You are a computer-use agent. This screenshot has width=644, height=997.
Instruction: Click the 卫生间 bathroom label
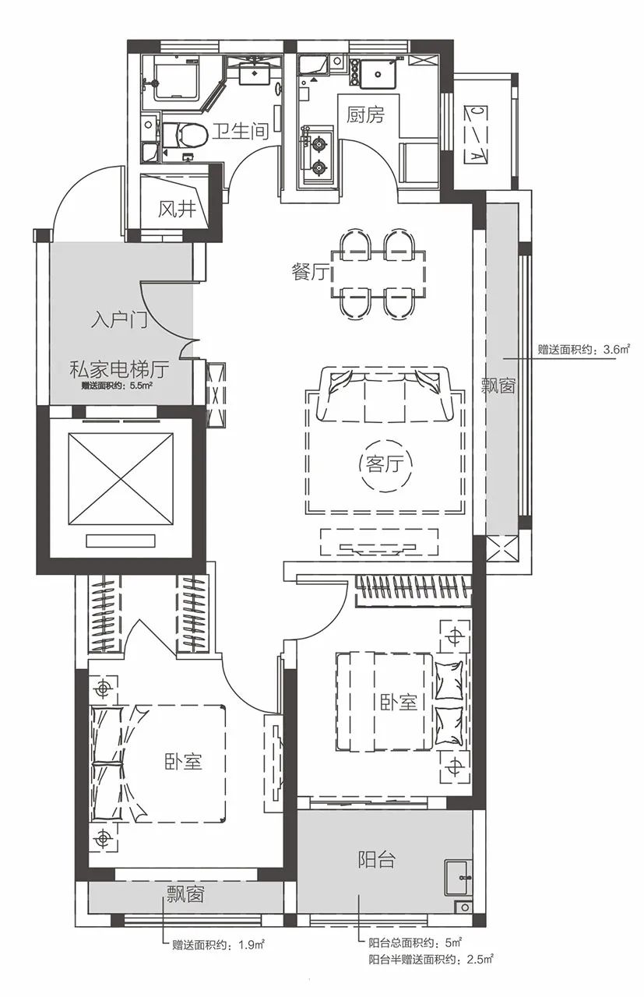coord(240,132)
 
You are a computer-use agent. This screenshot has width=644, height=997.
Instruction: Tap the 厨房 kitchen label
coord(365,115)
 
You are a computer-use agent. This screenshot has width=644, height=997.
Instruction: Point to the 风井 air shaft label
coord(177,208)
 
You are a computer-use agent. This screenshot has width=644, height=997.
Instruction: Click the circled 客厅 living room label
coord(385,465)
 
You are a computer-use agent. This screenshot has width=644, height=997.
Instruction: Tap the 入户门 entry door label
coord(119,320)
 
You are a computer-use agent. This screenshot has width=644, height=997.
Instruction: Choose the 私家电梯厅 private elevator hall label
coord(119,369)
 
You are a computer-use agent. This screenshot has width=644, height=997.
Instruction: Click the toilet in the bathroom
coord(185,135)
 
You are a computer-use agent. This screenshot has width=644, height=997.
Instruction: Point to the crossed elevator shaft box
coord(120,478)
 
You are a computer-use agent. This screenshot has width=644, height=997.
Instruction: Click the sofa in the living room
coord(385,394)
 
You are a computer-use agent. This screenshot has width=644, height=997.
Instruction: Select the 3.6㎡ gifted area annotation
coord(583,350)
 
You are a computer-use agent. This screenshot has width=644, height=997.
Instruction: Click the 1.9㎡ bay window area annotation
coord(219,942)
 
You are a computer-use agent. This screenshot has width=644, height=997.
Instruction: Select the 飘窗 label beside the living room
coord(498,386)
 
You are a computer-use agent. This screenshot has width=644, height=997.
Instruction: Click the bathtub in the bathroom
coord(176,79)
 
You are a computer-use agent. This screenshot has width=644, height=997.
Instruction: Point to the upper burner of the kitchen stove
coord(318,143)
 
